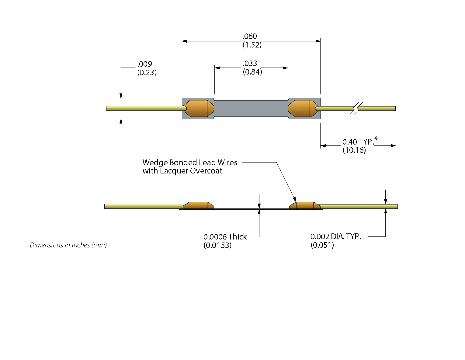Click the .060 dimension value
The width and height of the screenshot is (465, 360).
pos(250,37)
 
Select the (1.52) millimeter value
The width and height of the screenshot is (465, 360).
pos(252,45)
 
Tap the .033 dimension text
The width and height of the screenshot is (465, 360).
pos(250,63)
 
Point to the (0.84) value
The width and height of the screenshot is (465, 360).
pos(252,72)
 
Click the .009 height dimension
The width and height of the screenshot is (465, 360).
pos(145,64)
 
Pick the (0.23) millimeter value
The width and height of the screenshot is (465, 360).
pos(147,72)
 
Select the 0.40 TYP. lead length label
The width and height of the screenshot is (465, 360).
pos(358,142)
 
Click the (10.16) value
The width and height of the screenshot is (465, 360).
pos(354,150)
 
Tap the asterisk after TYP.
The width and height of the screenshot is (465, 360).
pos(376,139)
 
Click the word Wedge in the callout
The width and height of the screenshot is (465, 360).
pos(155,163)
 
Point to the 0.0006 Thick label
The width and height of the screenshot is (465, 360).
pos(225,237)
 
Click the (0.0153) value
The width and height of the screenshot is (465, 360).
pos(217,245)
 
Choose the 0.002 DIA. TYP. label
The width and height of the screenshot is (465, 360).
pos(335,236)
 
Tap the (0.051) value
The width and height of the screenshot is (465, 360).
pos(322,245)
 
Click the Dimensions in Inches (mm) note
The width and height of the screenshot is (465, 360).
pos(68,245)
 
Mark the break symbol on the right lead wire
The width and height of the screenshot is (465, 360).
pos(356,108)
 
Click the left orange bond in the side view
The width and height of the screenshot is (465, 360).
pos(199,205)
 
